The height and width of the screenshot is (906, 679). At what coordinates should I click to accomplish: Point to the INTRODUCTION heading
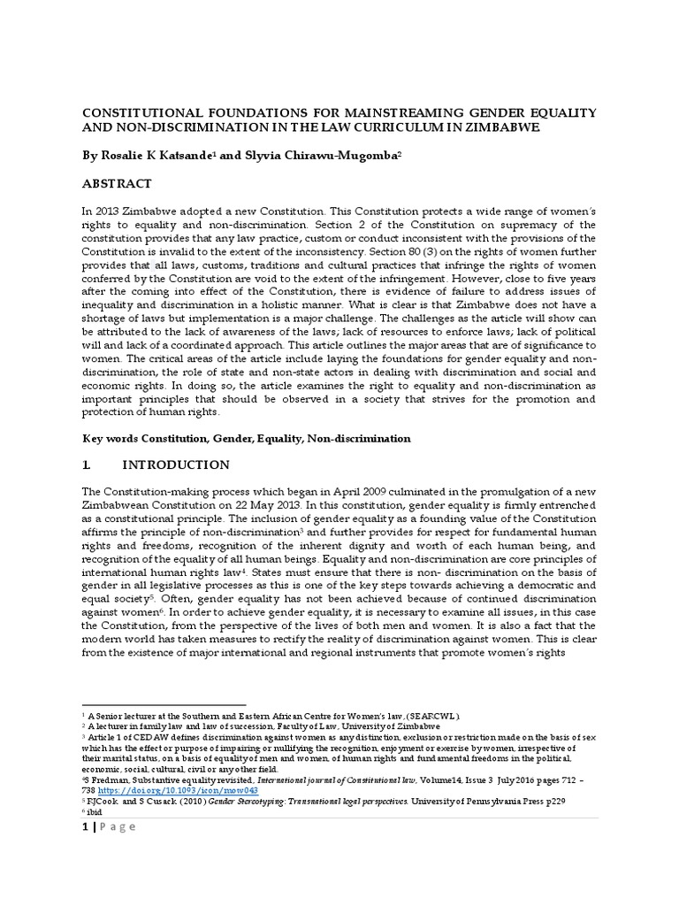(175, 465)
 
